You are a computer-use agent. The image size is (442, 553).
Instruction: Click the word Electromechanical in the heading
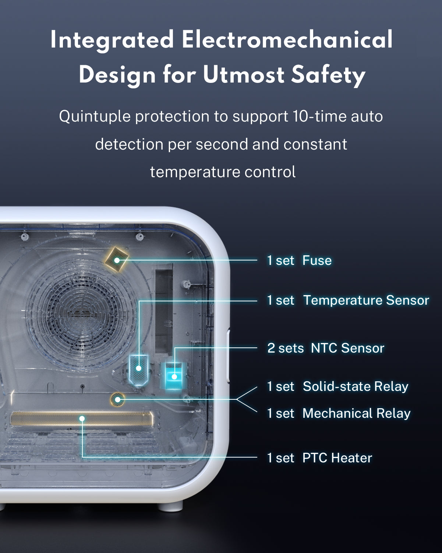tap(287, 39)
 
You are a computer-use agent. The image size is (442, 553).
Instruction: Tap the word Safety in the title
tap(328, 76)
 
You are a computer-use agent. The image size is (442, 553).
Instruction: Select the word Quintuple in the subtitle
tap(95, 117)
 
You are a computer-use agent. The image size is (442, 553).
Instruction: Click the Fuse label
tap(317, 260)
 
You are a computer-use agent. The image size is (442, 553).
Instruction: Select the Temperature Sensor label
tap(366, 300)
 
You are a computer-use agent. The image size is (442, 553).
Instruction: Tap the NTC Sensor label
tap(347, 348)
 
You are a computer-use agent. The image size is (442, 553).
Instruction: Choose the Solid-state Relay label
tap(356, 386)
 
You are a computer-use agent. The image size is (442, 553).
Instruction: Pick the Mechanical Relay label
tap(357, 413)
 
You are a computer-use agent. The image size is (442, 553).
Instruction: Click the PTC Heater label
tap(337, 458)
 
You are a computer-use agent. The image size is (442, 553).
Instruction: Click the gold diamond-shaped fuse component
tap(117, 259)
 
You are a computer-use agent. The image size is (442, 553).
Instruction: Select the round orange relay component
tap(117, 400)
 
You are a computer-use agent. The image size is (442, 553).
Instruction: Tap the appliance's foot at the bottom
tap(170, 507)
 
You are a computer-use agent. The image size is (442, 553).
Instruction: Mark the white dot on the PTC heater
tap(82, 419)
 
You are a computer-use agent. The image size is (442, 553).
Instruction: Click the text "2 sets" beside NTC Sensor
tap(286, 348)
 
